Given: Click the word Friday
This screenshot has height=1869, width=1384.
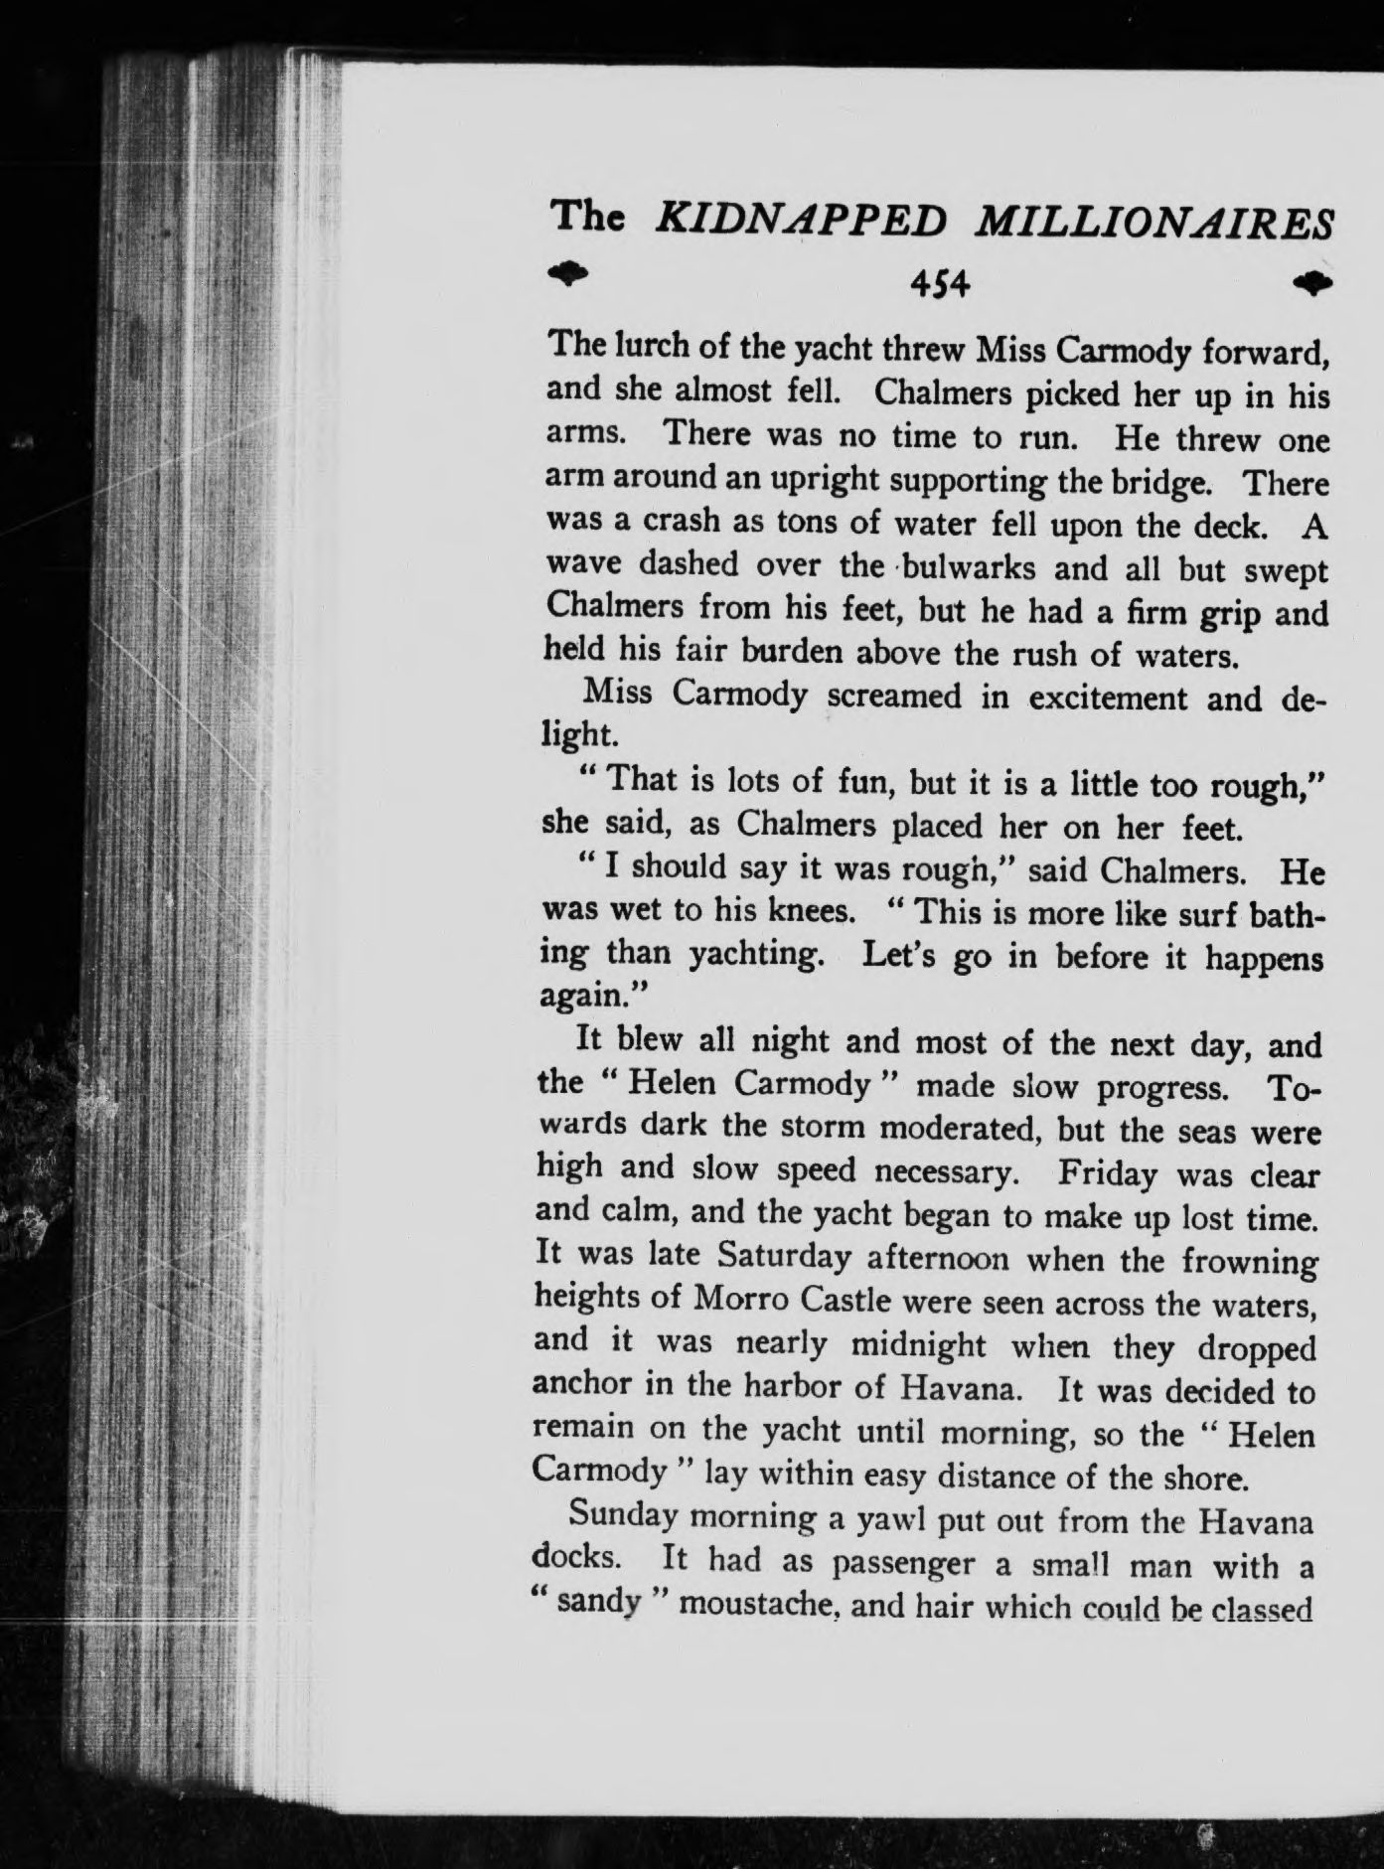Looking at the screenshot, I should (x=1107, y=1174).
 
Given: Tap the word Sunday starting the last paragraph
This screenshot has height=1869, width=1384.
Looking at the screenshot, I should (x=620, y=1518).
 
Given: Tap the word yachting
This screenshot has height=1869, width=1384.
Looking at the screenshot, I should (x=755, y=956).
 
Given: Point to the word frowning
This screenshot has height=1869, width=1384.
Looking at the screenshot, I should (x=1250, y=1262).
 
